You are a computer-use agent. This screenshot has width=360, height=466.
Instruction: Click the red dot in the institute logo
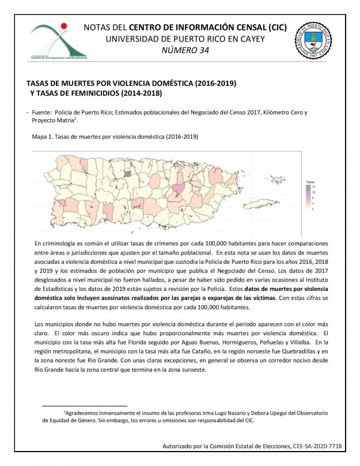click(64, 25)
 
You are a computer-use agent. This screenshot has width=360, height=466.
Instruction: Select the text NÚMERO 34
click(185, 50)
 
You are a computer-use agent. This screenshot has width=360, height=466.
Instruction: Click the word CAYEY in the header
click(251, 39)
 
